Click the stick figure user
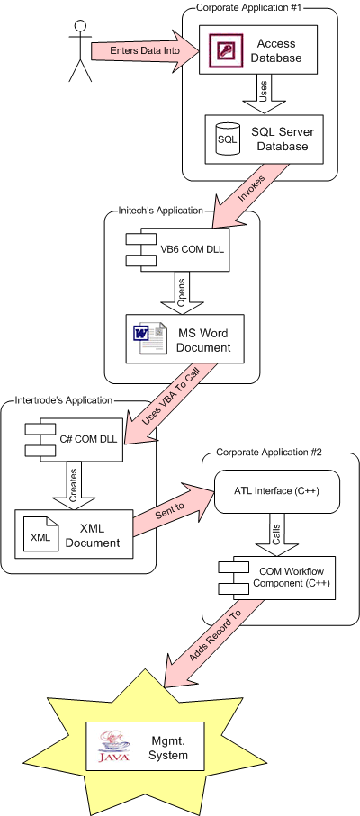pyautogui.click(x=80, y=50)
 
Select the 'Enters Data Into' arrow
pyautogui.click(x=146, y=51)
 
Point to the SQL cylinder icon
pyautogui.click(x=228, y=139)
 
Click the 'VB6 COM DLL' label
pyautogui.click(x=193, y=249)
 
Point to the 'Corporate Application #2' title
pyautogui.click(x=269, y=452)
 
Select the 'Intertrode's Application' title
pyautogui.click(x=64, y=400)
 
